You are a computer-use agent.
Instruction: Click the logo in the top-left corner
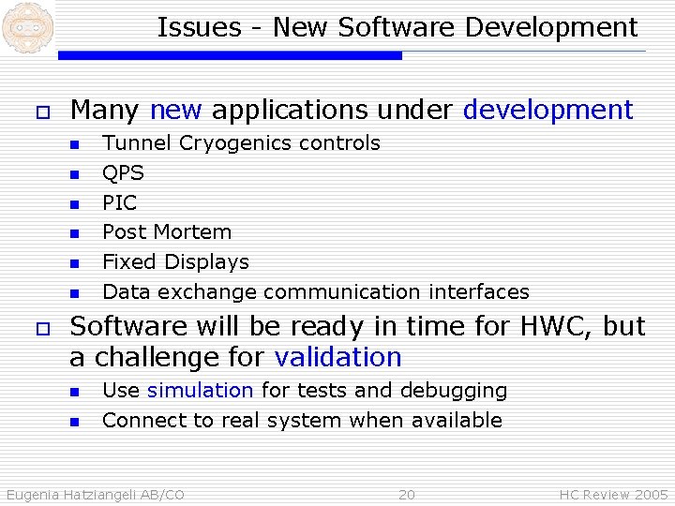coord(25,26)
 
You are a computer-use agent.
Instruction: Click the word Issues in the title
coord(187,28)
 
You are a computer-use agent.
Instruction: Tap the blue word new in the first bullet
coord(175,111)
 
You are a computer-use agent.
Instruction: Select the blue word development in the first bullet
coord(548,111)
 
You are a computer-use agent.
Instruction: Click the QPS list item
coord(123,173)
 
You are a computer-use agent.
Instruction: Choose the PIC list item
coord(119,203)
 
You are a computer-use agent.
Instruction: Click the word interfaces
coord(479,292)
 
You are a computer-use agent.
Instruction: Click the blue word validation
coord(337,358)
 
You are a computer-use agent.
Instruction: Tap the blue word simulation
coord(200,391)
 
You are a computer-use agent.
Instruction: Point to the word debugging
coord(454,391)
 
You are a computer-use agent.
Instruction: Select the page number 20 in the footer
coord(406,495)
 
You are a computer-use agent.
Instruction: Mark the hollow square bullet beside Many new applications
coord(40,112)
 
